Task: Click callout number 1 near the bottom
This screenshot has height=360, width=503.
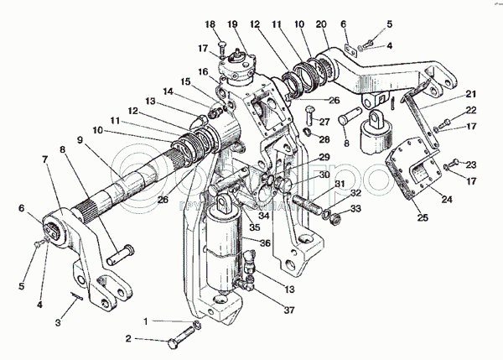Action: pos(145,321)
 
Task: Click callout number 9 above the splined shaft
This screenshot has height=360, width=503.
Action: pos(80,139)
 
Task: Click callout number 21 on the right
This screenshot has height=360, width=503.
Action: pos(471,94)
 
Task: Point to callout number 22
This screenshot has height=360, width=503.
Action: pos(471,110)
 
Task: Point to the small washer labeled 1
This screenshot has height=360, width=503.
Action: pos(195,324)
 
